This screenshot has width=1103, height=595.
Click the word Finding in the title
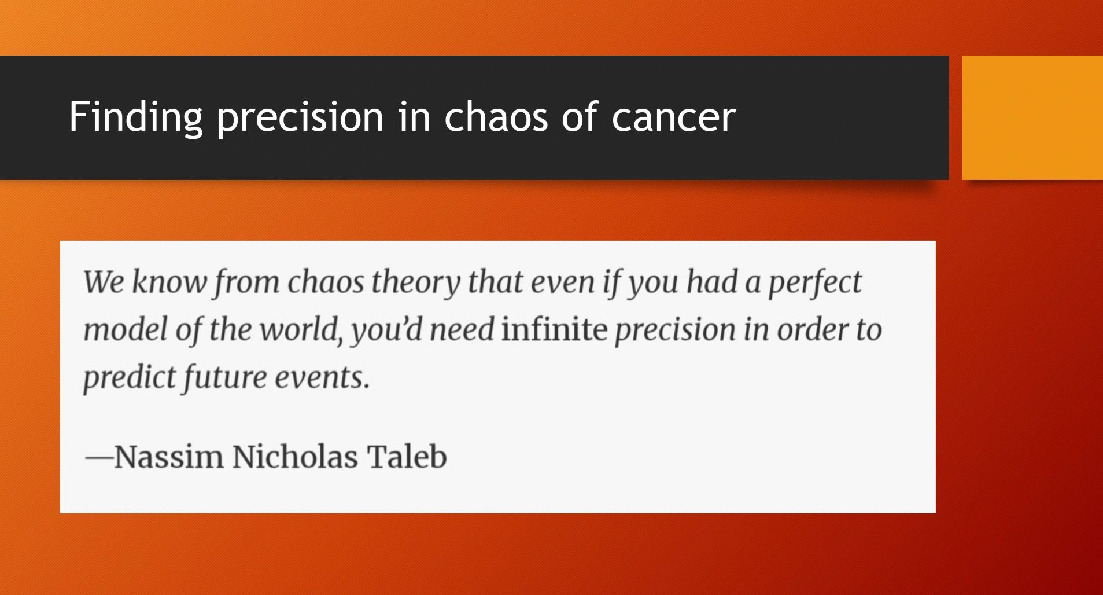(136, 117)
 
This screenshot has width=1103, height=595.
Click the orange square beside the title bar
(1032, 117)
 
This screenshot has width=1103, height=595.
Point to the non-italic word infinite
(554, 329)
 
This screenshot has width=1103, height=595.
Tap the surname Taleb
(407, 456)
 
